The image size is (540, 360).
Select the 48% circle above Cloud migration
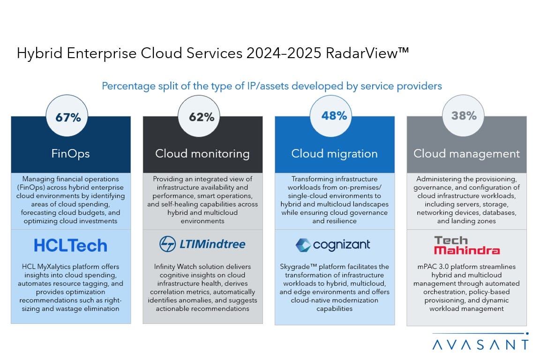pyautogui.click(x=334, y=116)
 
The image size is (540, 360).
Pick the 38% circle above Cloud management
pyautogui.click(x=464, y=116)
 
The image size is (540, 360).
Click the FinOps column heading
pyautogui.click(x=71, y=153)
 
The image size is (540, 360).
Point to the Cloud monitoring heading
pyautogui.click(x=202, y=153)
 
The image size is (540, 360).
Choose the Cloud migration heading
pyautogui.click(x=334, y=153)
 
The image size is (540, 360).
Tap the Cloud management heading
pyautogui.click(x=466, y=153)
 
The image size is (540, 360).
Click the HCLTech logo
pyautogui.click(x=71, y=245)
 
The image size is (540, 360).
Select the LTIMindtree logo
pyautogui.click(x=202, y=244)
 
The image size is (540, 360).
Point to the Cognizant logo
pyautogui.click(x=333, y=245)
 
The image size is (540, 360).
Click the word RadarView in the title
pyautogui.click(x=366, y=53)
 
